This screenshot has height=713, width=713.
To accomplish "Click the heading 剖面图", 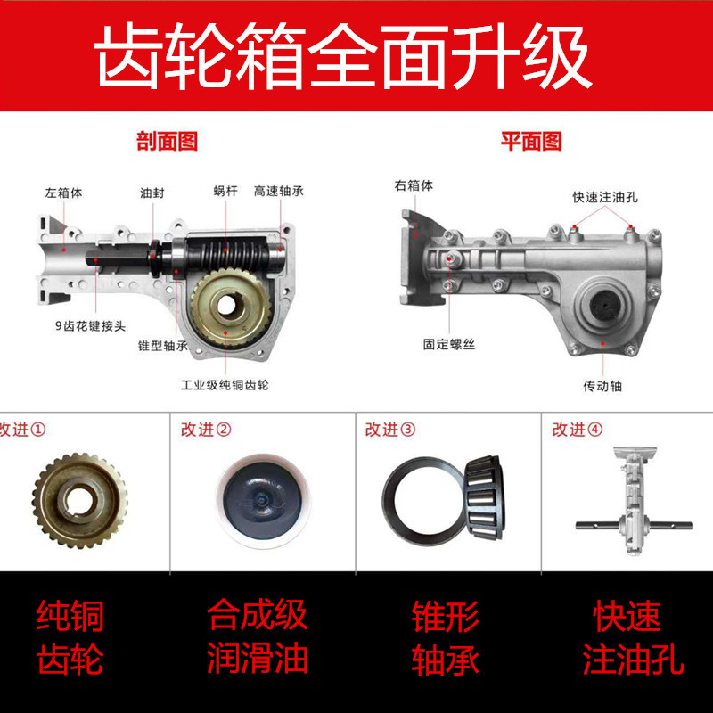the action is pos(168,142).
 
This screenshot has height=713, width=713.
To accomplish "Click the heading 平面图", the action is pos(531,142).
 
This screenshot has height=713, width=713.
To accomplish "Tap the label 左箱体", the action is pos(63,193).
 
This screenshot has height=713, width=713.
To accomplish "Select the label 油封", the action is pos(152,193).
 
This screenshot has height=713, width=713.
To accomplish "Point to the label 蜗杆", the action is pos(225,191).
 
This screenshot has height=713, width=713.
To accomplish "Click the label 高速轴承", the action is pos(278,191).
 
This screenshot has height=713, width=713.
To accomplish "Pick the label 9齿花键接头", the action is pos(90,326).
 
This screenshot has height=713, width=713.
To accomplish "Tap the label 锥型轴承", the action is pos(163,346).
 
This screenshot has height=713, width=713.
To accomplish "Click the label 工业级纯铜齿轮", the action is pos(225,385).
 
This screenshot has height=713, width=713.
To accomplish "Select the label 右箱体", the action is pos(414,185).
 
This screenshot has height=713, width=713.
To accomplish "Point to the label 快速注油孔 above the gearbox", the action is pos(605,197).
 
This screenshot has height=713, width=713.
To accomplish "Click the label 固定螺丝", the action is pos(449,344).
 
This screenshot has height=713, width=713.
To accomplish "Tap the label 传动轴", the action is pos(602,386).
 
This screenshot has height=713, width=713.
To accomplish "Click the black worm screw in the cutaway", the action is pos(227,255).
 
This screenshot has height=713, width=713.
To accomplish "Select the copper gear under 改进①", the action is pos(79,500).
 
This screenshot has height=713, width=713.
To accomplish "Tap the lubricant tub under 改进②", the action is pos(264,500).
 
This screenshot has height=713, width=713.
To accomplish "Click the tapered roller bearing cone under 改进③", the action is pos(485,497).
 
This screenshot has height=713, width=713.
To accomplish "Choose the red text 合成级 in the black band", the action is pos(258,615).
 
